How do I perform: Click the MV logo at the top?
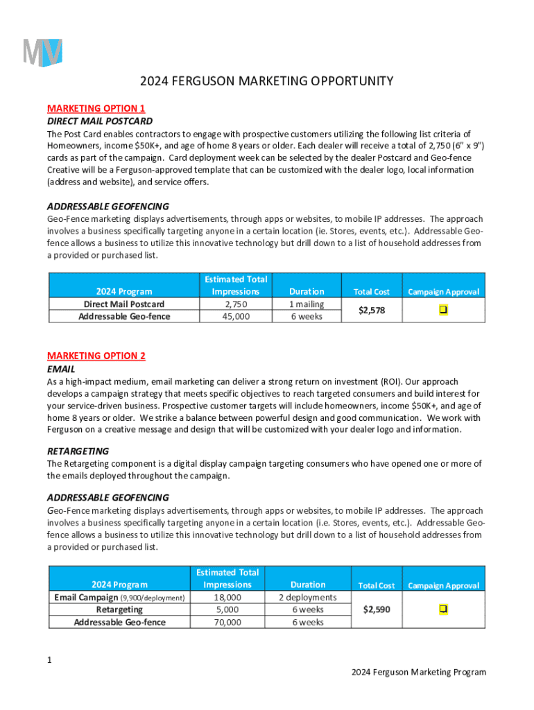pyautogui.click(x=43, y=53)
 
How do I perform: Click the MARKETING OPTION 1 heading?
pyautogui.click(x=96, y=108)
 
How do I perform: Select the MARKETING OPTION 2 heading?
pyautogui.click(x=96, y=356)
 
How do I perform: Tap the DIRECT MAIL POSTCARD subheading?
pyautogui.click(x=100, y=121)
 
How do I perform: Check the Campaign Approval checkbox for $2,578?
pyautogui.click(x=442, y=310)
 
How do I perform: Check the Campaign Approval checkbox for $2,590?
pyautogui.click(x=443, y=609)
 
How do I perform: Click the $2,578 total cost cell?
pyautogui.click(x=372, y=311)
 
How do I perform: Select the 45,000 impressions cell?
pyautogui.click(x=236, y=317)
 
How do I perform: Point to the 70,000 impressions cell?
pyautogui.click(x=227, y=622)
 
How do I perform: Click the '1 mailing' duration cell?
pyautogui.click(x=307, y=304)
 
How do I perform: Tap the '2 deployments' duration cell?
pyautogui.click(x=308, y=597)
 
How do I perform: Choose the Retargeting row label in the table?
pyautogui.click(x=119, y=609)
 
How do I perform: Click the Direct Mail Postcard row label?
pyautogui.click(x=124, y=304)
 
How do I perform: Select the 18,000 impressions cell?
pyautogui.click(x=227, y=597)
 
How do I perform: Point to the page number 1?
pyautogui.click(x=50, y=660)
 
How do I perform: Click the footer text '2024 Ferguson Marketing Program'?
pyautogui.click(x=418, y=672)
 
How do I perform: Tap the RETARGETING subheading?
pyautogui.click(x=78, y=451)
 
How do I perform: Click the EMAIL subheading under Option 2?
pyautogui.click(x=61, y=369)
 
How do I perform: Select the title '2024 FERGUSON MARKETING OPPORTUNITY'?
pyautogui.click(x=266, y=81)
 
